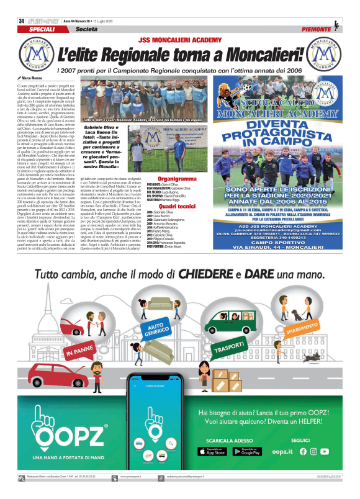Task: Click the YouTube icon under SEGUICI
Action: (325, 451)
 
